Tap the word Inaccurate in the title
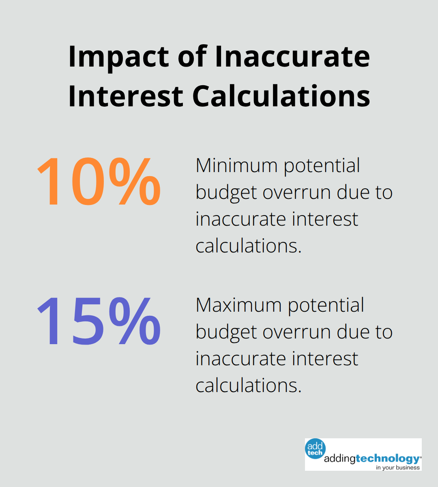(x=292, y=57)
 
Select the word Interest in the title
(x=126, y=96)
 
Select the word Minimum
(x=236, y=166)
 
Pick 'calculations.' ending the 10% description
(x=249, y=246)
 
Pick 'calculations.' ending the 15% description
(x=249, y=386)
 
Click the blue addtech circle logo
(x=315, y=449)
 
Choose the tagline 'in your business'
(x=397, y=468)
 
